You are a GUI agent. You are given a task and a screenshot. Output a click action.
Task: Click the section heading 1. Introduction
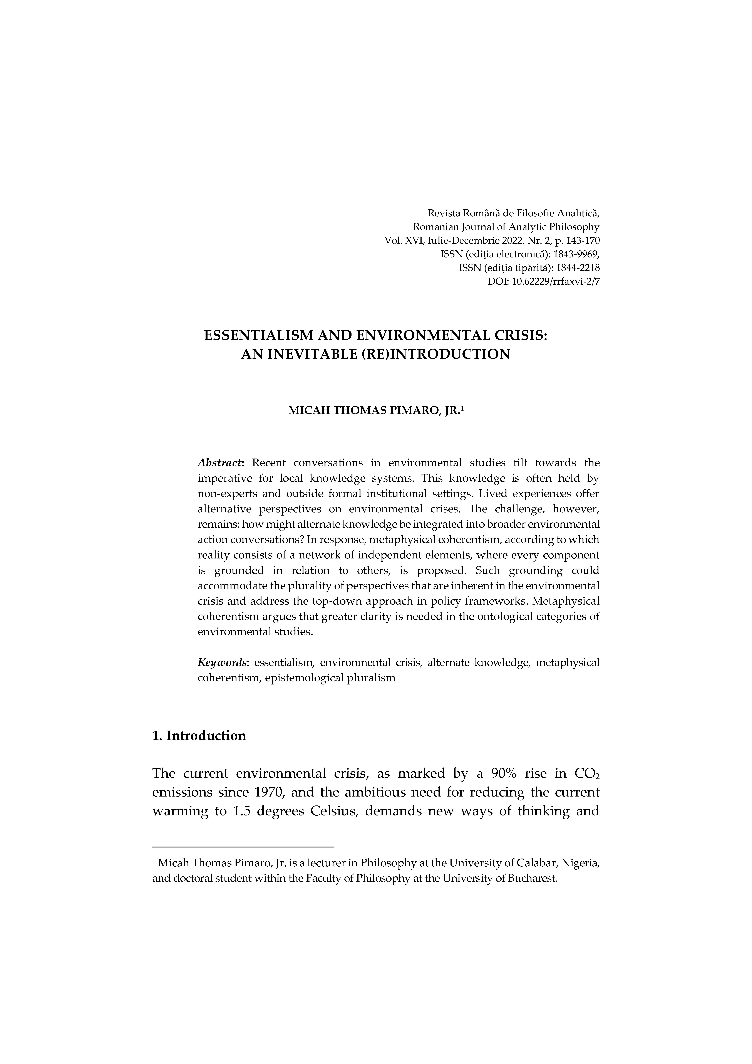coord(199,736)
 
